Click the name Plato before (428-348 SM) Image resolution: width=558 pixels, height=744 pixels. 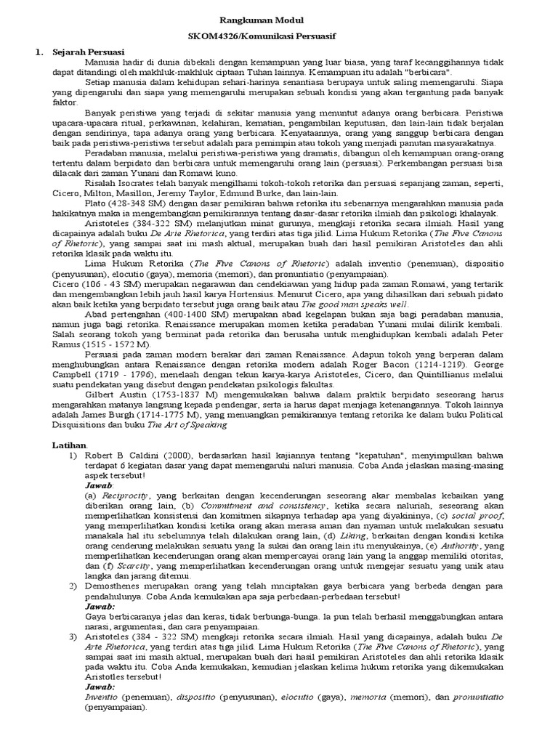[97, 205]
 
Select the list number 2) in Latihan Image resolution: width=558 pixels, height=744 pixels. [73, 586]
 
